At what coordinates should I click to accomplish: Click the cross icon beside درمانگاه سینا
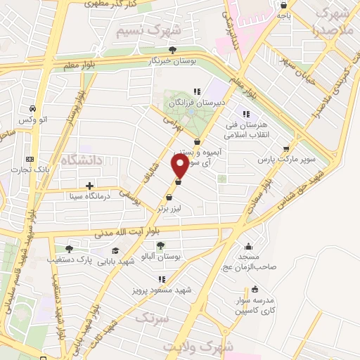coord(89,186)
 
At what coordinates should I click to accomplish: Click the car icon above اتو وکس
coord(33,108)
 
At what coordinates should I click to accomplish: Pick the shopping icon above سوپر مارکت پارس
coord(285,148)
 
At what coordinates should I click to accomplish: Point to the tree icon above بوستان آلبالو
coord(162,245)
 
